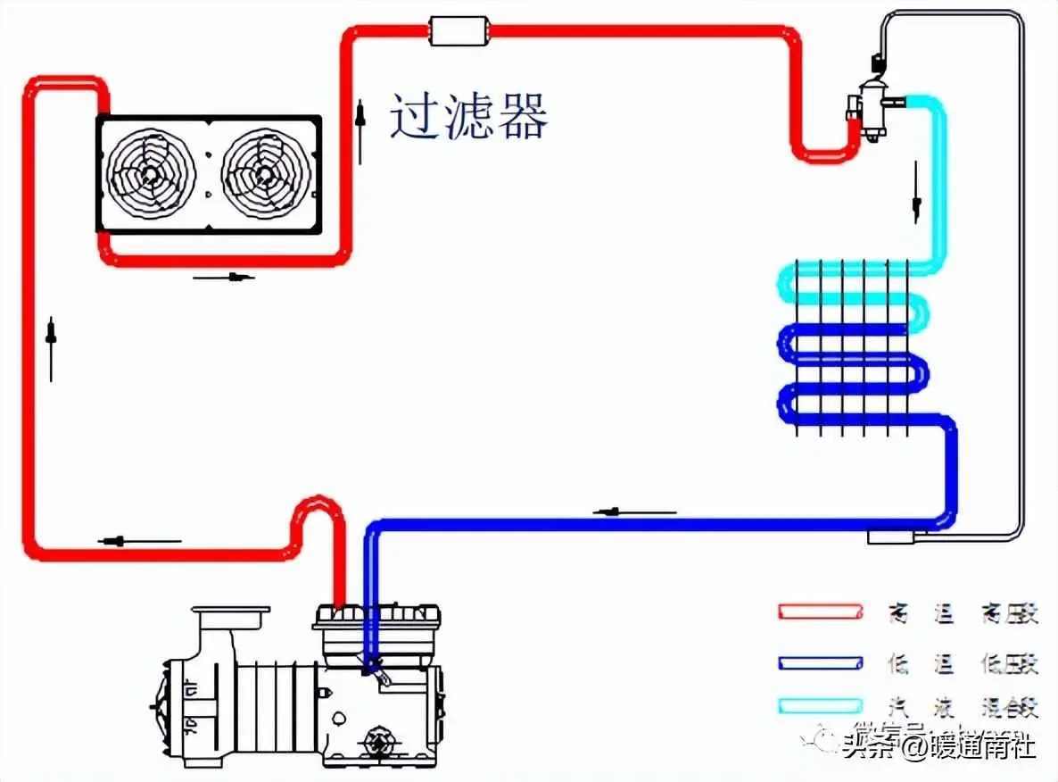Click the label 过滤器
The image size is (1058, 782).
(468, 117)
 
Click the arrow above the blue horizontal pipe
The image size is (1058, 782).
(633, 512)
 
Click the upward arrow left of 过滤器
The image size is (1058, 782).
(360, 131)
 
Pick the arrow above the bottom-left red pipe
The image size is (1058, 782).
(139, 540)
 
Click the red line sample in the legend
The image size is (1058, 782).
(820, 612)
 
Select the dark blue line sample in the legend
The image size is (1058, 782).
(820, 662)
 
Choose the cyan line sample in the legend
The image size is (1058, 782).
(820, 705)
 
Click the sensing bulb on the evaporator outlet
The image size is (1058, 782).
(893, 537)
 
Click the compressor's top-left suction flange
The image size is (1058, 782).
(230, 615)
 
